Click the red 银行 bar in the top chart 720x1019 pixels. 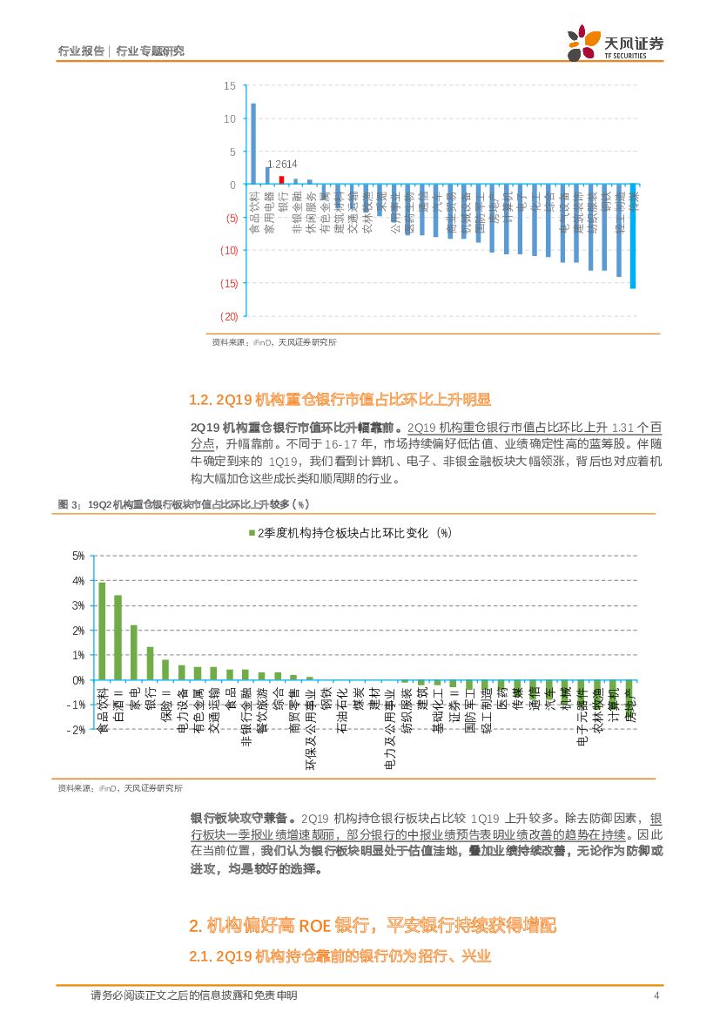[x=281, y=179]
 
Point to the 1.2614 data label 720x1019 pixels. [x=282, y=165]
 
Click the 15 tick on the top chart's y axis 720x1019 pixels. [x=229, y=85]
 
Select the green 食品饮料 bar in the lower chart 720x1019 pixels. [x=102, y=631]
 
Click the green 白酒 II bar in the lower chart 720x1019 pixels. [x=118, y=637]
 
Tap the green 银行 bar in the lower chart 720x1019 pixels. [x=150, y=663]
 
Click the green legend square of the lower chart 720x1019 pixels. [x=251, y=533]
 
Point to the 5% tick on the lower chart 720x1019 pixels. [x=77, y=556]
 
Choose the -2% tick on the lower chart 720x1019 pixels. [x=76, y=730]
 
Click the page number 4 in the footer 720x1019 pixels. [x=656, y=995]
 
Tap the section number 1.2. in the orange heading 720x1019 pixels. [x=200, y=400]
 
